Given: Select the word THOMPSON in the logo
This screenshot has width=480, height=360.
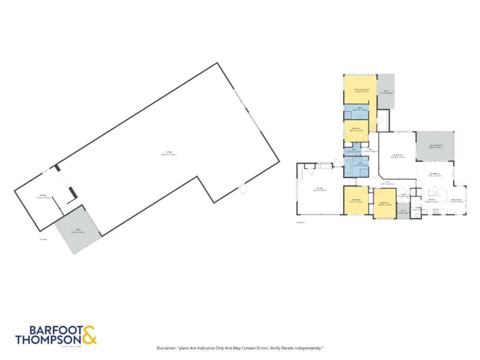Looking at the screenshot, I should (48, 340).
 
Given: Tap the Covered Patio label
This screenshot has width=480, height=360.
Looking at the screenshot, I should (435, 146).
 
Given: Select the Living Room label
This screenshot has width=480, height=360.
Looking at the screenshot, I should (397, 156).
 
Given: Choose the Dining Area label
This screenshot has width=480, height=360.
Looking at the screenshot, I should (434, 174).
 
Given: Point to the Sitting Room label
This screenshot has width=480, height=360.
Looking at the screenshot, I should (456, 201).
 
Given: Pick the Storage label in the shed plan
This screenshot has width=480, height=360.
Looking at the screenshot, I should (41, 196).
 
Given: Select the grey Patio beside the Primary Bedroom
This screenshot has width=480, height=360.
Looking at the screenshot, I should (386, 92).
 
